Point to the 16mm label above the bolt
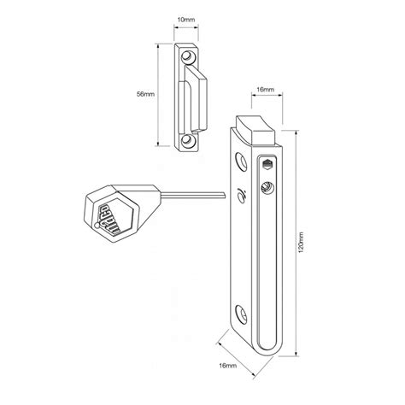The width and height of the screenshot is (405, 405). [x=265, y=90]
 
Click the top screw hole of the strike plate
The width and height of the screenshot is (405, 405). [x=188, y=56]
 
